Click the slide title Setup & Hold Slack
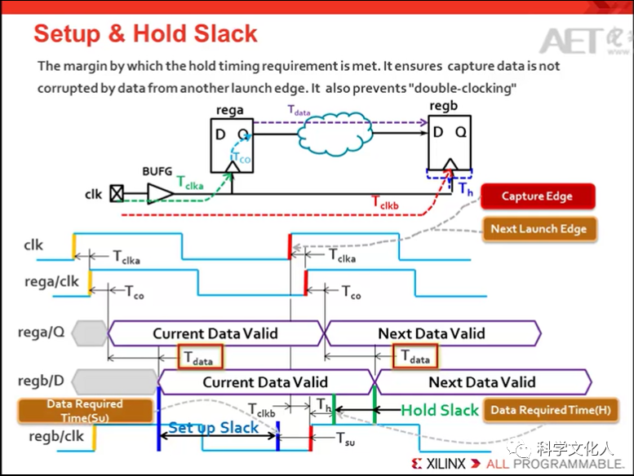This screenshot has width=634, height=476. [x=145, y=34]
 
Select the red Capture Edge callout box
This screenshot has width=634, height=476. [x=537, y=196]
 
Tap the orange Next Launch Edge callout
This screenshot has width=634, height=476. [x=539, y=229]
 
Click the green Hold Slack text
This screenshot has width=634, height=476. [x=439, y=410]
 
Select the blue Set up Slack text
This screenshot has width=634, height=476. [x=214, y=427]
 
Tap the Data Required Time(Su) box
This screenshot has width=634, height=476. [x=85, y=410]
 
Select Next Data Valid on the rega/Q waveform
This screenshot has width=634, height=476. [x=431, y=333]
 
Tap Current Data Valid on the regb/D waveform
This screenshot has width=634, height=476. [x=265, y=381]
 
